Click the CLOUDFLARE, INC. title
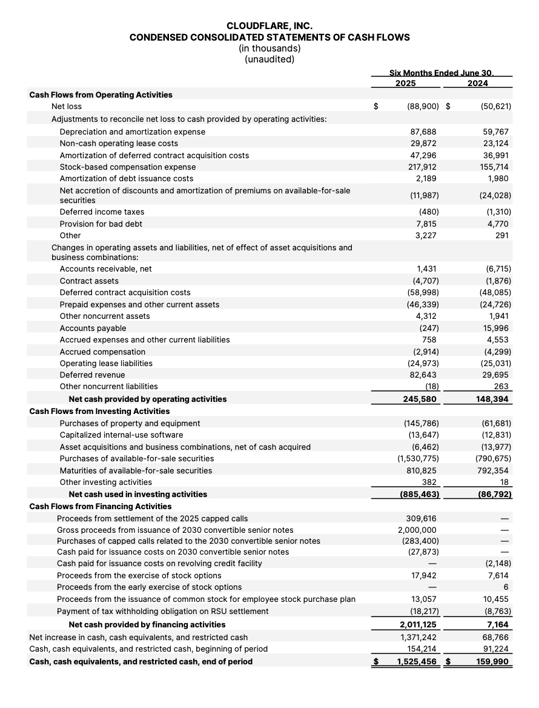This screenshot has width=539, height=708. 269,26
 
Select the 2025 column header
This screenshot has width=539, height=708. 405,83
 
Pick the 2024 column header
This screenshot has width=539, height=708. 478,83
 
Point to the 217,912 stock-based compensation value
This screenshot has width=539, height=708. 423,167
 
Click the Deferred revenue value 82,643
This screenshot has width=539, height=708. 425,375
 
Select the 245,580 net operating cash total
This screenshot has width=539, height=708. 421,399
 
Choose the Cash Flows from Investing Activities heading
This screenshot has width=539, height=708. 99,411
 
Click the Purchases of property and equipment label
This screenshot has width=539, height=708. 130,423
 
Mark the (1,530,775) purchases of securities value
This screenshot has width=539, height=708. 418,458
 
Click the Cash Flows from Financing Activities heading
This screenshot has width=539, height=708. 101,506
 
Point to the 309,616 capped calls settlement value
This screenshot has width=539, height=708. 423,518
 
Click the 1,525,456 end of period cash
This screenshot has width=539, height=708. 417,661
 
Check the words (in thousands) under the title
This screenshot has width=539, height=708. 269,48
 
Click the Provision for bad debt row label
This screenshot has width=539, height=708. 101,224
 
